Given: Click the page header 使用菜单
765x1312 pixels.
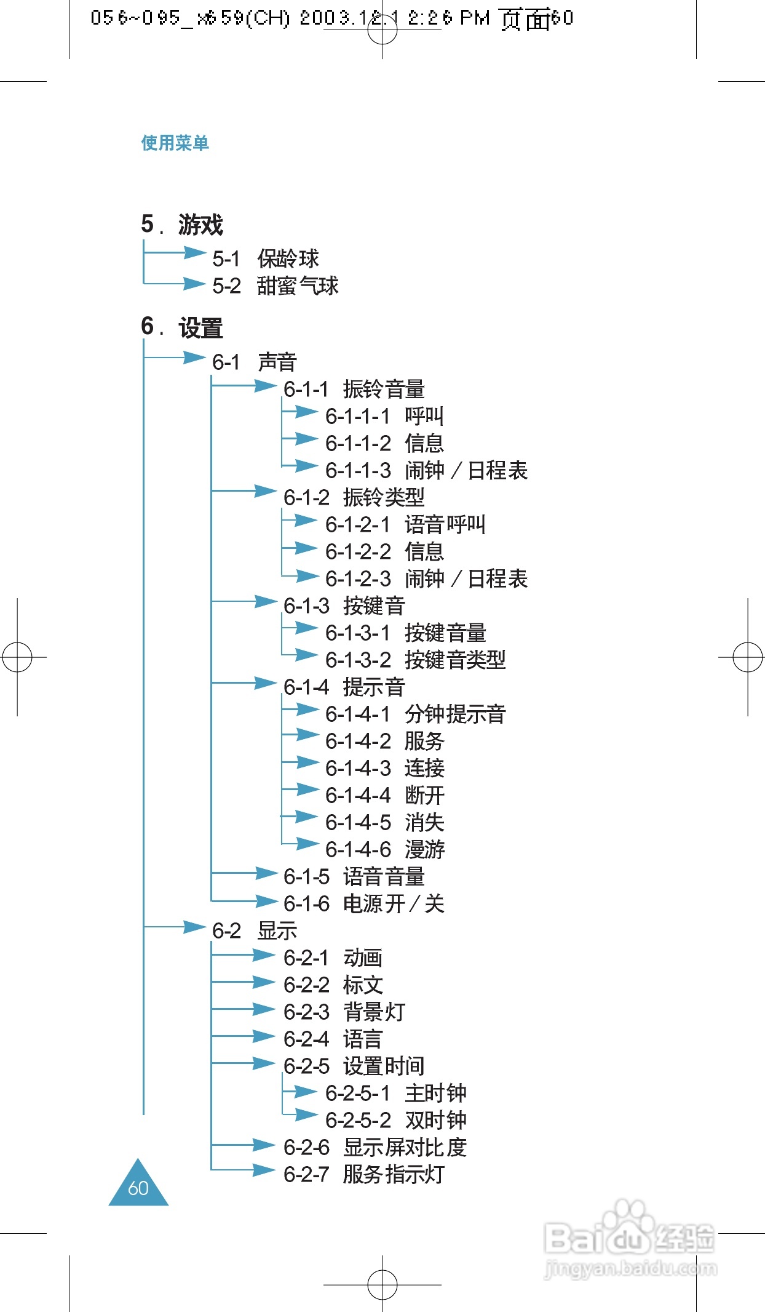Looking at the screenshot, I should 175,143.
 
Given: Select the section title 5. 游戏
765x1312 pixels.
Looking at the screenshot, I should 182,225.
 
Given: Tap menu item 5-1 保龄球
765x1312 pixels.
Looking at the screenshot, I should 266,258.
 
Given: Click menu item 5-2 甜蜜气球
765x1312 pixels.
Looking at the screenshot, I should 275,286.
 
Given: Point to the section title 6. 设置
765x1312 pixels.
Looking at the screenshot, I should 182,327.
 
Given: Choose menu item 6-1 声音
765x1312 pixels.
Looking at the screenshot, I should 255,362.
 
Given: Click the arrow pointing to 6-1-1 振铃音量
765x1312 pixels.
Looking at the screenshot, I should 265,386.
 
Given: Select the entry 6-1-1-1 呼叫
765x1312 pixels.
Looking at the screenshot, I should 384,416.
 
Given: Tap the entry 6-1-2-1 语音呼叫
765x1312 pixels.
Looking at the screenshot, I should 405,524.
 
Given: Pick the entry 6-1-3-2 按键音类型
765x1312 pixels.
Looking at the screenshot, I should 415,660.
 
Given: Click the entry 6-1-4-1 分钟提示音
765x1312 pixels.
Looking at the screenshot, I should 415,714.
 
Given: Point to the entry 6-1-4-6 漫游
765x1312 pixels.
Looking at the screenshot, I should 384,849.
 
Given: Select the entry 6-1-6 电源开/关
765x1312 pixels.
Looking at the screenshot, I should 363,903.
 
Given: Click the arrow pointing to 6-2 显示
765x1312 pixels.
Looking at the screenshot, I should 194,927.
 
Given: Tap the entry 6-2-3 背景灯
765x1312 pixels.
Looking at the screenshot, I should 344,1012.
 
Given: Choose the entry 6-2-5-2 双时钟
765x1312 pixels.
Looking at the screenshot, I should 395,1120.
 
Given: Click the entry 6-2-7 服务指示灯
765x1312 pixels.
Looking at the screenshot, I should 363,1174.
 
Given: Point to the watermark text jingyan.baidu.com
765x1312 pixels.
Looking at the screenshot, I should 630,1269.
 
